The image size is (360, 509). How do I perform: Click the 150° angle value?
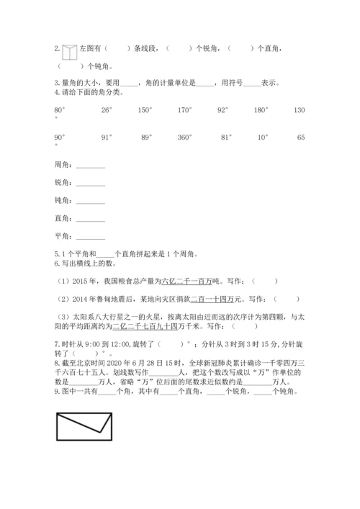145,109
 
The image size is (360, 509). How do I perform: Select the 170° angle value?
185,109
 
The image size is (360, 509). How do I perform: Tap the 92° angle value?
223,109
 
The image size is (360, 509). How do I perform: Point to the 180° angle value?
261,109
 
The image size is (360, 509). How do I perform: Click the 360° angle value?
185,137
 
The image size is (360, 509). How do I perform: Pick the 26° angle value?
107,109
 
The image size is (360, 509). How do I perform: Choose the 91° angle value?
107,137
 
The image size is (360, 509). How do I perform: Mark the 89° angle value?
146,137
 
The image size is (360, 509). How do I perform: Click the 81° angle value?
226,137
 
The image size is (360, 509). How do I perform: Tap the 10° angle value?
263,137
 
